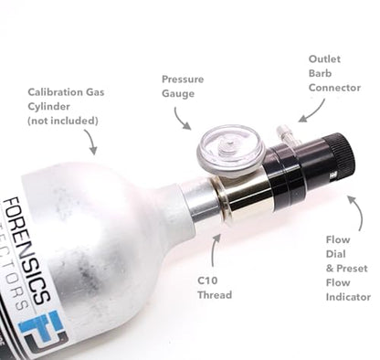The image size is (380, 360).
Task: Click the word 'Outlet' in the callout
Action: click(325, 58)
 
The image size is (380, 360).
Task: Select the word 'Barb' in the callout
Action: click(321, 73)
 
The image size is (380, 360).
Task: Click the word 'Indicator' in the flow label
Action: click(348, 297)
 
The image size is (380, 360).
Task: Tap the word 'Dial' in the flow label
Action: click(337, 255)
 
